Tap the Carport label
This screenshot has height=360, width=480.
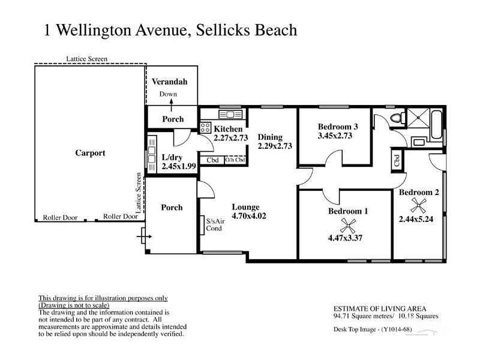pos(90,153)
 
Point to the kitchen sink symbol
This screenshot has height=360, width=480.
pos(228,114)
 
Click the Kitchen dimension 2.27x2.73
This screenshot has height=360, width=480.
pos(230,138)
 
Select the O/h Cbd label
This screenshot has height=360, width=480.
pos(235,160)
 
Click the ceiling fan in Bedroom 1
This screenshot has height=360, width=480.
pos(347,225)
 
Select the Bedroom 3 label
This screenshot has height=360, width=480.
pos(338,127)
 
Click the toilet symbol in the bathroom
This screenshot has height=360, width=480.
pos(394,118)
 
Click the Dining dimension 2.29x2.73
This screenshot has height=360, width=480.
pos(274,146)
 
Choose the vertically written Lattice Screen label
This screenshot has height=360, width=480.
pos(139,193)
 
